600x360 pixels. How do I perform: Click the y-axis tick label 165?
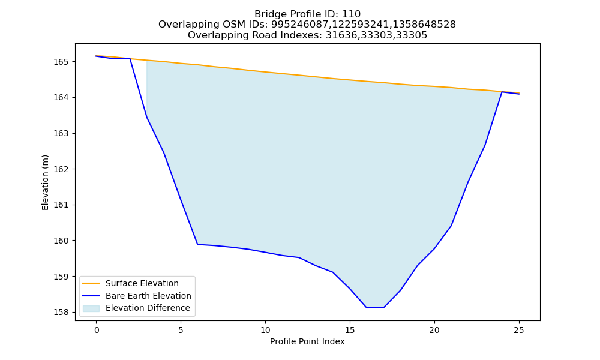[x=61, y=62]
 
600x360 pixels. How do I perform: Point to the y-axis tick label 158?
[x=61, y=312]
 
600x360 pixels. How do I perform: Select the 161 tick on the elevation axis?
[x=61, y=205]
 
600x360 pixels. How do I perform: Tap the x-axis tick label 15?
[x=350, y=330]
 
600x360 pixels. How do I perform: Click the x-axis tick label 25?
[x=519, y=330]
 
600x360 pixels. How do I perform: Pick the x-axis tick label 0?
[x=97, y=330]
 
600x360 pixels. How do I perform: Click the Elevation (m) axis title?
[x=45, y=182]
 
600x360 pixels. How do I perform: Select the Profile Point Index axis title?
[x=307, y=341]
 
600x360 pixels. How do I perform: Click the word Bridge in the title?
[x=268, y=14]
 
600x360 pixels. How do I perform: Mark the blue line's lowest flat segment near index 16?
[x=375, y=308]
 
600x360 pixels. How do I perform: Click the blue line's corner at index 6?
[x=197, y=244]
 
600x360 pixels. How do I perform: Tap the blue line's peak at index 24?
[x=502, y=92]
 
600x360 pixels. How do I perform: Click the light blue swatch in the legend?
[x=91, y=308]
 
